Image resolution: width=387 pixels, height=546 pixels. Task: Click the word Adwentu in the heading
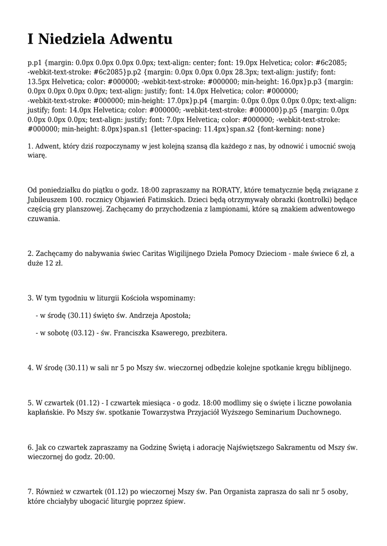point(141,39)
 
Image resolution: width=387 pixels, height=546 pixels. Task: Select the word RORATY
point(227,190)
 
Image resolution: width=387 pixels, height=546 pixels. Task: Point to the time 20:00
point(104,457)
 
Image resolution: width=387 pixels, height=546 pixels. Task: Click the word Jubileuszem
point(48,199)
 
